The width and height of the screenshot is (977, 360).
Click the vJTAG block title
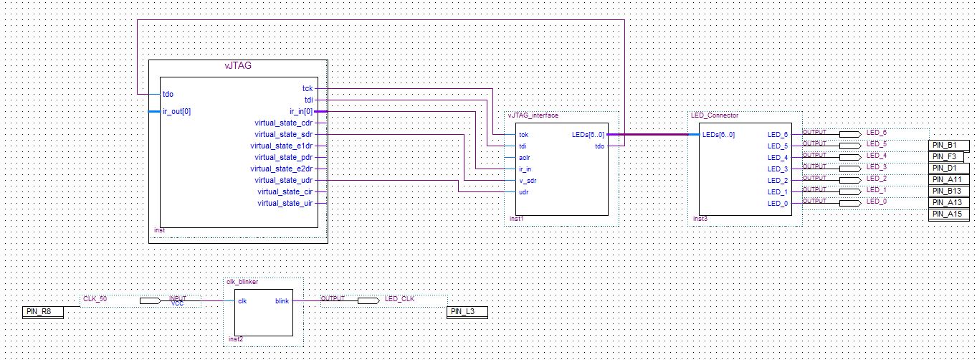238,65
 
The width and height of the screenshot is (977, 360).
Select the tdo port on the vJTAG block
168,94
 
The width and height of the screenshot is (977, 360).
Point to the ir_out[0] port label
176,111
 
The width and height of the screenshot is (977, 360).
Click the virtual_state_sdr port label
283,134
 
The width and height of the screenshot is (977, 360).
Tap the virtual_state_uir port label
285,203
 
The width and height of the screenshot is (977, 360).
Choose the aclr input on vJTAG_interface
524,157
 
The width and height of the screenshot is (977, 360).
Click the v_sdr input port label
528,181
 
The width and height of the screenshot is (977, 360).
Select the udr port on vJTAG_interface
523,192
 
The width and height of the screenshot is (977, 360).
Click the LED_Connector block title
714,115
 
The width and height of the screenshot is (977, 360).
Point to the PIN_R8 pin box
42,311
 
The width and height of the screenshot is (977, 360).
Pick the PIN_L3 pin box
467,311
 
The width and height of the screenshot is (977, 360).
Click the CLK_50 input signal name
95,298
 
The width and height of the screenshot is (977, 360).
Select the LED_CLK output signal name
399,298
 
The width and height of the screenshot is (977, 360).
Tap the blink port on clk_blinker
282,301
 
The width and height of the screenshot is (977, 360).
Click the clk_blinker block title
242,282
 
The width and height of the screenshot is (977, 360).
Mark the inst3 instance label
700,218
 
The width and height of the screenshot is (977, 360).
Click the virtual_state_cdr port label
283,123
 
